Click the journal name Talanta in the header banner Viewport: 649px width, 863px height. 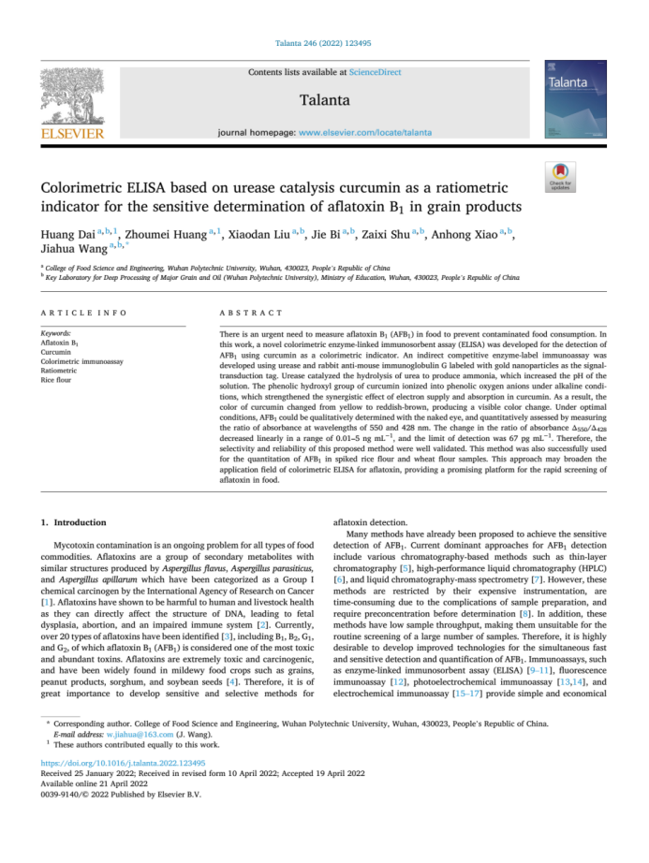(x=325, y=100)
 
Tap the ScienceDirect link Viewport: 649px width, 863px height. (x=375, y=72)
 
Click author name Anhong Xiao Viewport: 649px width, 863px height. (x=468, y=233)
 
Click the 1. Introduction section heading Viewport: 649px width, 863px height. (x=81, y=521)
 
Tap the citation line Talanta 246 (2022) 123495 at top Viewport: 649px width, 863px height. (x=324, y=43)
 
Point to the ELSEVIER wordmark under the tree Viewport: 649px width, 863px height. (x=72, y=133)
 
